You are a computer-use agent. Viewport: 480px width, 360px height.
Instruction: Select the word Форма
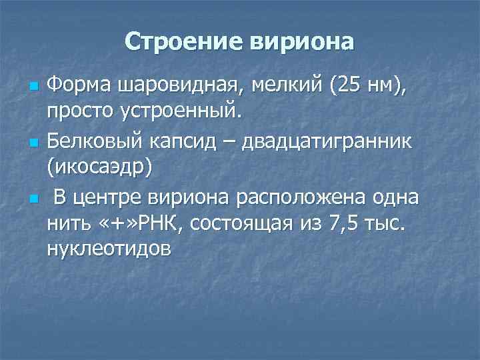coord(80,86)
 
